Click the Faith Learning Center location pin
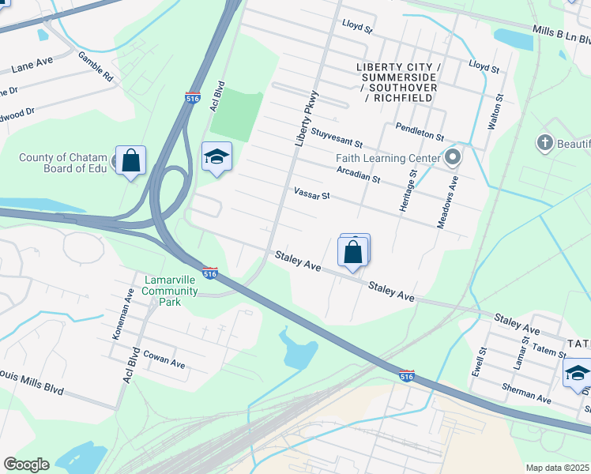coord(453,158)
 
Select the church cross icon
coord(544,143)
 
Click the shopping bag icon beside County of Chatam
coord(130,160)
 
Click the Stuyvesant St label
coord(337,138)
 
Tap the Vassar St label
coord(311,194)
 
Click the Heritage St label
coord(412,190)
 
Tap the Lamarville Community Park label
coord(170,291)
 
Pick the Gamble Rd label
coord(96,67)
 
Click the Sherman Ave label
coord(525,393)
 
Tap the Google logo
coord(26,464)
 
